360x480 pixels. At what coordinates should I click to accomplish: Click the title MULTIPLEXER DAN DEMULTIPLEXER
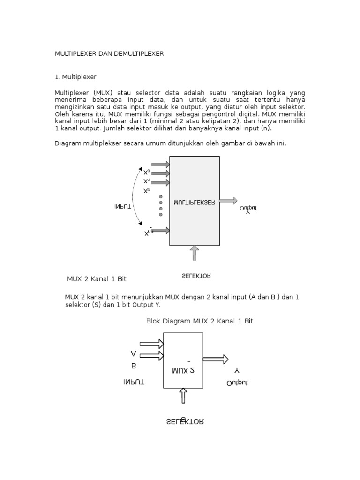[109, 54]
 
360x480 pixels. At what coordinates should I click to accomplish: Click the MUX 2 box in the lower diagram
[183, 360]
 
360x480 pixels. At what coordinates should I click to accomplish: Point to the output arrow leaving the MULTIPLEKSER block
[228, 201]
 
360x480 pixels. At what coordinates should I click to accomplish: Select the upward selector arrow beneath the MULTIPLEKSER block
[195, 254]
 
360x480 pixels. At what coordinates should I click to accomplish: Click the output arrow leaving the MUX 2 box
[215, 359]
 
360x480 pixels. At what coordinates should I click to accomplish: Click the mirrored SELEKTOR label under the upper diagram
[196, 276]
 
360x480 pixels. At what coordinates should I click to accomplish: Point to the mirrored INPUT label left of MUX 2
[134, 382]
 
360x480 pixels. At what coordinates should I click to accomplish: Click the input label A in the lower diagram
[134, 353]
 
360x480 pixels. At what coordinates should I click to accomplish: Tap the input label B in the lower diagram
[134, 366]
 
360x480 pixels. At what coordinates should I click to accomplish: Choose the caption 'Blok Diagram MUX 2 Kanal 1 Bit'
[200, 321]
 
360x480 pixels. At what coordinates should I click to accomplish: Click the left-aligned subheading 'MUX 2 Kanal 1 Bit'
[97, 279]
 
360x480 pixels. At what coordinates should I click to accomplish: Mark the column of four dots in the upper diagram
[161, 205]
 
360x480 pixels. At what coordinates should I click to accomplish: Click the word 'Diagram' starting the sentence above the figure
[68, 143]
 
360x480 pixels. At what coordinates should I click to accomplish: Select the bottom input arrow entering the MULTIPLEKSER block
[160, 231]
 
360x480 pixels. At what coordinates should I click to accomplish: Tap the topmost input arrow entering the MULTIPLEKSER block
[160, 164]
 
